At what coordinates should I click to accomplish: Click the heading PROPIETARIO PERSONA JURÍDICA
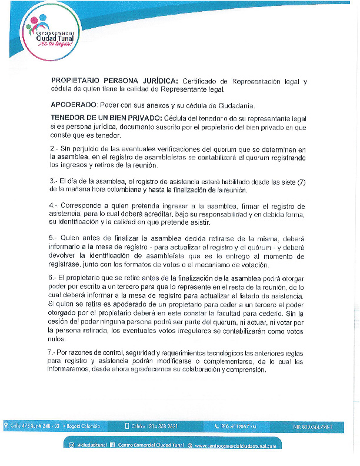[x=115, y=81]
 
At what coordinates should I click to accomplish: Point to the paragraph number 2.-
[x=55, y=150]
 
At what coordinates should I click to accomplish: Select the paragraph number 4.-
[x=55, y=206]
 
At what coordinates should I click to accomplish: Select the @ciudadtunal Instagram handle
[x=90, y=446]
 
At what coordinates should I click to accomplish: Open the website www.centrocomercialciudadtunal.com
[x=236, y=446]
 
